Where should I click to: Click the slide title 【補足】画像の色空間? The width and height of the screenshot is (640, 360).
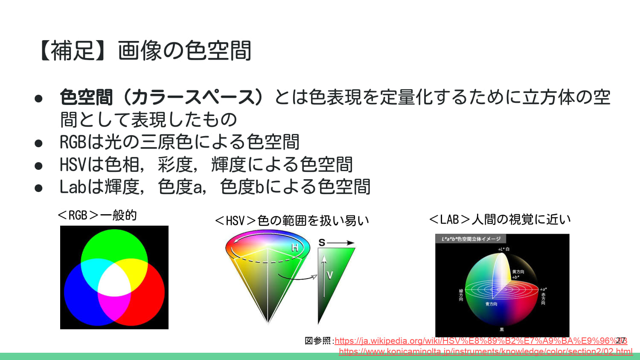(144, 51)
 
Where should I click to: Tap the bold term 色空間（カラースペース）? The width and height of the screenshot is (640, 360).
(161, 97)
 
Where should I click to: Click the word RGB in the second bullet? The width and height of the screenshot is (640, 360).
(73, 142)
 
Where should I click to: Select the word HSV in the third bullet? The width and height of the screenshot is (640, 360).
(73, 165)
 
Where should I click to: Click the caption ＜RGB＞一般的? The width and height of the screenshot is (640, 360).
(97, 215)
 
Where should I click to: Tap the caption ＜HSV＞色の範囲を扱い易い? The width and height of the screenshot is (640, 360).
(292, 221)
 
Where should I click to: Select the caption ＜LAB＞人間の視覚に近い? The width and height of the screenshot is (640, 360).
(500, 219)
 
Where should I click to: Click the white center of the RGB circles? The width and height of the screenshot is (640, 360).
(114, 280)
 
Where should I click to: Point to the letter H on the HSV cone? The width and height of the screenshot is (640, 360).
(295, 247)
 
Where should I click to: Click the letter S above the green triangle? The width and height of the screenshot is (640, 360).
(322, 243)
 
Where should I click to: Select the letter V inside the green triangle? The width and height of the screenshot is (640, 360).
(330, 275)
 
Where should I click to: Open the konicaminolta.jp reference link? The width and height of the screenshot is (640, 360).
(486, 351)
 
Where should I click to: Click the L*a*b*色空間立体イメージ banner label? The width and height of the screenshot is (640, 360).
(471, 239)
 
